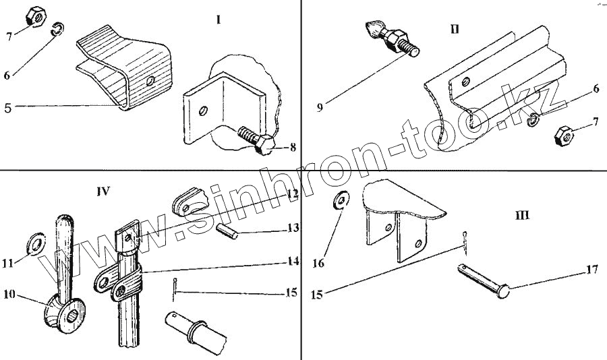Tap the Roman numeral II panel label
tap(455, 29)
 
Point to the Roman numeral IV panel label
tap(103, 191)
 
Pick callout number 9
tap(320, 107)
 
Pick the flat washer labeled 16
tap(341, 201)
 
